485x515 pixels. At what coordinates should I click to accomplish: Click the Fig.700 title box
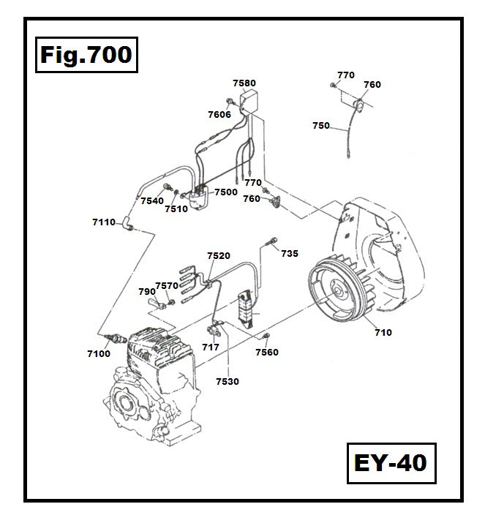click(86, 55)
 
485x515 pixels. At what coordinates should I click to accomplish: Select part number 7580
click(244, 83)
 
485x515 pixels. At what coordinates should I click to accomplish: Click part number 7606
click(219, 114)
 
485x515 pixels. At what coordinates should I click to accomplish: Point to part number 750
click(320, 126)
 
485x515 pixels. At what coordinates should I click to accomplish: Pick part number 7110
click(104, 222)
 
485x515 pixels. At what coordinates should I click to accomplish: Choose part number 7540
click(151, 200)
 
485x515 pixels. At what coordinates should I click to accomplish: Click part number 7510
click(176, 208)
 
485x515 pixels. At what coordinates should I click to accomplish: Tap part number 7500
click(225, 192)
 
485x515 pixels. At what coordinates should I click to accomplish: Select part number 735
click(290, 254)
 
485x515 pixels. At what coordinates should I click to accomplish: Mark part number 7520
click(219, 256)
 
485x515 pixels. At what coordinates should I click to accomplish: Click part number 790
click(146, 291)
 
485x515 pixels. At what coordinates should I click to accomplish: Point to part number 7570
click(167, 286)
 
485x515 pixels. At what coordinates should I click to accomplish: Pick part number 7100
click(98, 353)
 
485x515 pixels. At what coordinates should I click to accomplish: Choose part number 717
click(211, 347)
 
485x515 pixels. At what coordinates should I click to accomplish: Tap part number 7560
click(266, 352)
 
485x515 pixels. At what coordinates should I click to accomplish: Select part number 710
click(383, 333)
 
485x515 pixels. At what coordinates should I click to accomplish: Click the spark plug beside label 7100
click(116, 339)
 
